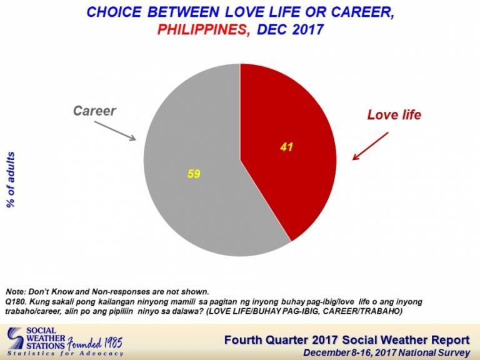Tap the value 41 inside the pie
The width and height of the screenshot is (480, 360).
pos(286,147)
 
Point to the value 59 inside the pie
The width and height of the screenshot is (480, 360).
pos(194,174)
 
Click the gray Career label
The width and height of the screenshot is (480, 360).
pos(94,111)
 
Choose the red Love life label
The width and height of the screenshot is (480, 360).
pos(394,115)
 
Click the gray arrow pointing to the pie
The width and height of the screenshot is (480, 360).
pos(115,131)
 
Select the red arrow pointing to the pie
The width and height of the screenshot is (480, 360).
pos(371,146)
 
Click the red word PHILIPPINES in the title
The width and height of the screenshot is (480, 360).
pos(202,30)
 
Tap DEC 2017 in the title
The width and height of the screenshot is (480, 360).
pos(290,30)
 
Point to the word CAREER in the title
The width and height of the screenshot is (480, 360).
pos(363,12)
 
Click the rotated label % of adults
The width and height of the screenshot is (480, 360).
pos(11,180)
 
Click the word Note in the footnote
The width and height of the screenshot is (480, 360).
pos(15,291)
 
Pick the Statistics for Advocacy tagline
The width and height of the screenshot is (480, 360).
pos(65,354)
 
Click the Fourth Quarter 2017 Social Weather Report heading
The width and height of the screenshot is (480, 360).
pos(347,340)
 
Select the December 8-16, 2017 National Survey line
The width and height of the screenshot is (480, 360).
pos(387,352)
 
